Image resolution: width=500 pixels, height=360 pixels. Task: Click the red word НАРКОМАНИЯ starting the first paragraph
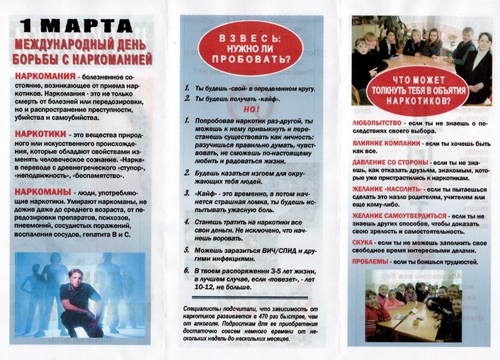[x=44, y=74]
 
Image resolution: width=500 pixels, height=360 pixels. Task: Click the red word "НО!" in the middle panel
[x=251, y=109]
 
